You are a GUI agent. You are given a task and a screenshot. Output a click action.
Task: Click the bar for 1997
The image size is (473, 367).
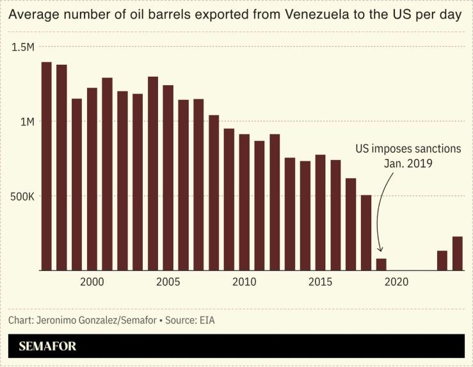coord(46,167)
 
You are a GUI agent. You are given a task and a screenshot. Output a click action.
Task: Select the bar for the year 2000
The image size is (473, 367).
coord(92,179)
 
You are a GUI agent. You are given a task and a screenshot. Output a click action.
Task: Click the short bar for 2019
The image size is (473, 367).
coord(381,265)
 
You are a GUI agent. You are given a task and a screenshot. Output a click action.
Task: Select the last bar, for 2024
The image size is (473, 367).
coord(457,254)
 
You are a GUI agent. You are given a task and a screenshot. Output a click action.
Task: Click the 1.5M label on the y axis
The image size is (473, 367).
coord(22,47)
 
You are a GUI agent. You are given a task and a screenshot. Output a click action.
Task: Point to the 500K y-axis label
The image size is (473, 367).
coord(21,196)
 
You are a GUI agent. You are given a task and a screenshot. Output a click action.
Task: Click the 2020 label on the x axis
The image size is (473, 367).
coord(396,282)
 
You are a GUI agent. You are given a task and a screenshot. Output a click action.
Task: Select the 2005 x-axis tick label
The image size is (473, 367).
coord(168,282)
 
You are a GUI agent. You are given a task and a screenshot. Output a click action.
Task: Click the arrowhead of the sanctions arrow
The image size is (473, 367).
coord(380,250)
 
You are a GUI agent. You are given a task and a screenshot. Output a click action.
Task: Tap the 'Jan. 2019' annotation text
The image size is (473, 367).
coord(408,163)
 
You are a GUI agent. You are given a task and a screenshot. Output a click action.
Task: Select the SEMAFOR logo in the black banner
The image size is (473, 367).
coord(47,347)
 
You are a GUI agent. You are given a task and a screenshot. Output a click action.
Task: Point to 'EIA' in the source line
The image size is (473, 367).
coord(206,319)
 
